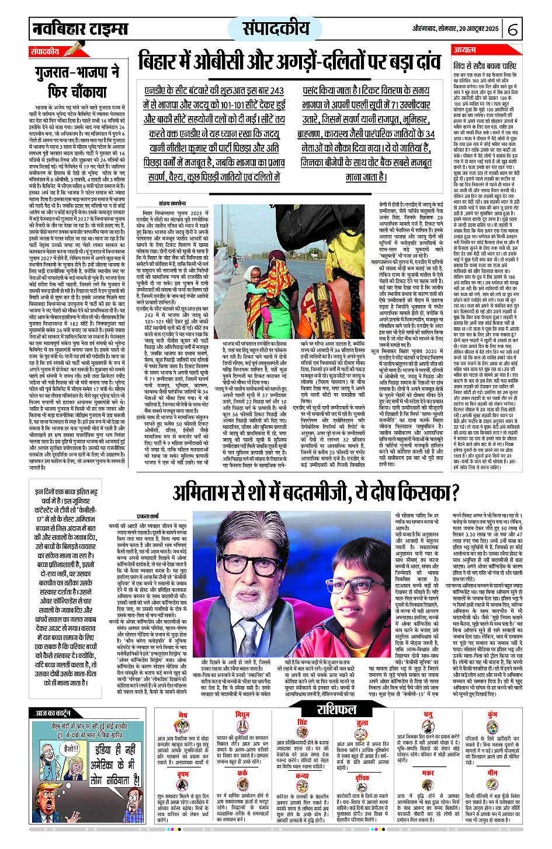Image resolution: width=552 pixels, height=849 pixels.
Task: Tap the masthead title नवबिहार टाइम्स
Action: coord(80,28)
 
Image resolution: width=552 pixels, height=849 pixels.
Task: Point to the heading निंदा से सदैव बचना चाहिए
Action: coord(485,66)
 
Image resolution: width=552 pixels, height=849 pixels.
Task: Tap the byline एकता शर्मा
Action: coord(147,517)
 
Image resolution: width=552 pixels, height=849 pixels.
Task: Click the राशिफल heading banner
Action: coord(336,710)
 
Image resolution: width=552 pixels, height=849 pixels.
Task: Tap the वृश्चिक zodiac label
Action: coord(362,778)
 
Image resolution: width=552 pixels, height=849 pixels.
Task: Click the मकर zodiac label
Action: coord(429,773)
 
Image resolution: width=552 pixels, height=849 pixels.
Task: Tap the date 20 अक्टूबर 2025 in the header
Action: coord(473,28)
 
